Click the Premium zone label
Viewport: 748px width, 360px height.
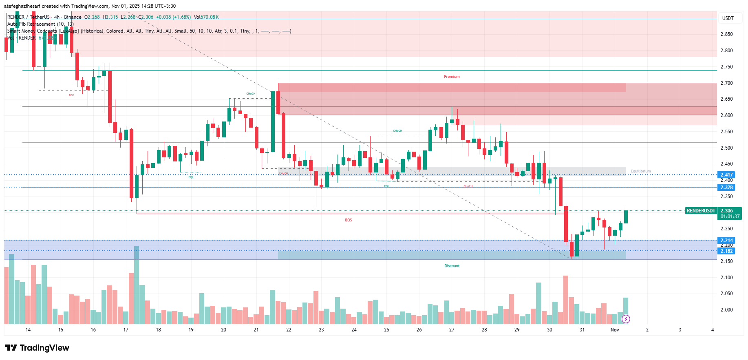(452, 77)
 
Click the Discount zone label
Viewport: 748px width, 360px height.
(452, 266)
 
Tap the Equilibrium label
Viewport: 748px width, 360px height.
(640, 171)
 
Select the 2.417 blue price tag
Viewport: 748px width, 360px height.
(726, 175)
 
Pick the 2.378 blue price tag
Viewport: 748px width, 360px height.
(726, 188)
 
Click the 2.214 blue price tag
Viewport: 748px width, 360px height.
(726, 241)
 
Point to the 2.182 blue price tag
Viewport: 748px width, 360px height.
(726, 251)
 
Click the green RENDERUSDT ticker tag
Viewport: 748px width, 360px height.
(701, 211)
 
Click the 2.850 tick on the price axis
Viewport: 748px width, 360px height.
(726, 34)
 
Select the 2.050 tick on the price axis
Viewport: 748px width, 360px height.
(726, 294)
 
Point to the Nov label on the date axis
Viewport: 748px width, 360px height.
(615, 330)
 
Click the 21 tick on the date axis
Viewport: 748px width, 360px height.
(256, 330)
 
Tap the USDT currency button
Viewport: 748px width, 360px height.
(728, 18)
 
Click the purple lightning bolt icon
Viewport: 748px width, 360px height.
(626, 319)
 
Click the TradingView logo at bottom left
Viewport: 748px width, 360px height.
(37, 348)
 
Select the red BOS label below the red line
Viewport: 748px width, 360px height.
(348, 220)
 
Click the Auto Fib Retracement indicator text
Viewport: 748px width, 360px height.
(40, 24)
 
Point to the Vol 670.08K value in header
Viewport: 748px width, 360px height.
(206, 17)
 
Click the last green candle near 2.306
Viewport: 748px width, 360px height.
(626, 216)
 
